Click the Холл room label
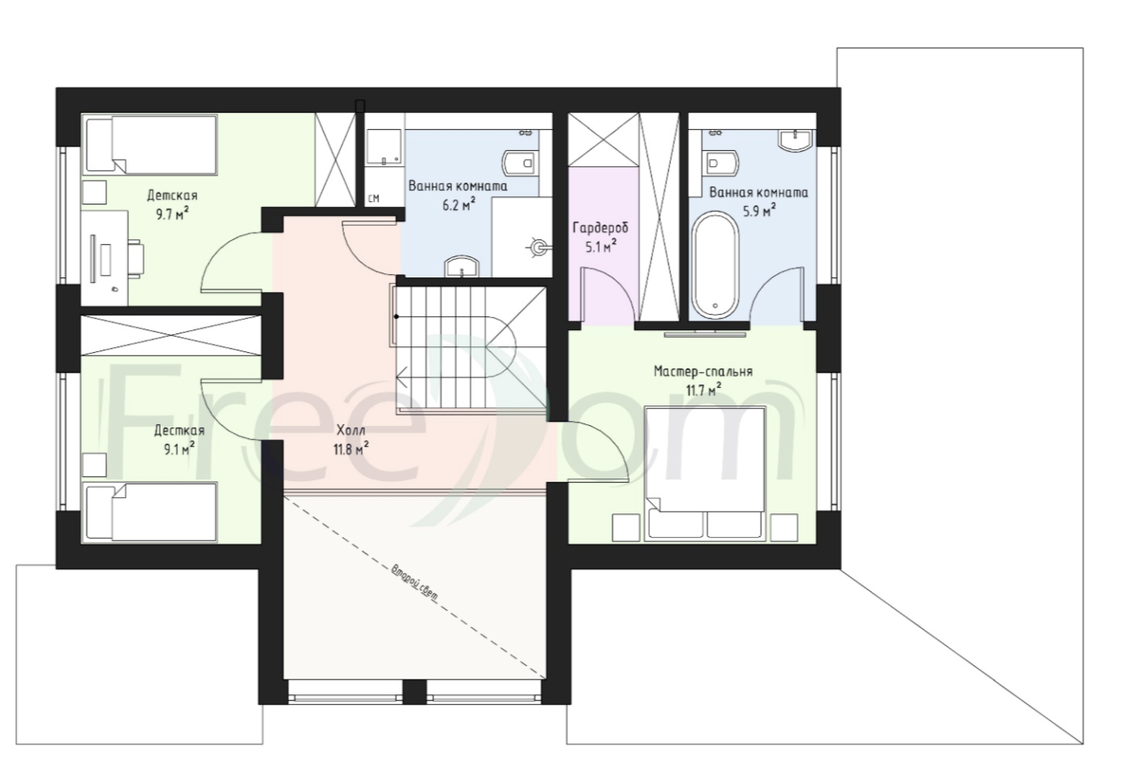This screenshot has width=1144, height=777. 351,431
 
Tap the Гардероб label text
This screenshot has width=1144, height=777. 600,228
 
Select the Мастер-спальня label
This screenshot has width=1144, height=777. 703,371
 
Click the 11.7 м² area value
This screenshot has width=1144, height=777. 703,391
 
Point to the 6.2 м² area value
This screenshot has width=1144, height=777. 458,205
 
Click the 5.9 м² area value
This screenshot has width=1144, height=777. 759,210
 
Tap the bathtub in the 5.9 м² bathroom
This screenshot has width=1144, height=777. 715,265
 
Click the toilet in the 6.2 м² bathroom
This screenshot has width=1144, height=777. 520,163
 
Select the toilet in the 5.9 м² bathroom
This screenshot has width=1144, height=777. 721,163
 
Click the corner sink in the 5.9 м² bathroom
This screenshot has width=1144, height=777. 796,139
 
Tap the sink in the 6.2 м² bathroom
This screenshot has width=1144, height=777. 462,267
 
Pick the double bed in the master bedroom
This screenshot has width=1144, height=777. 705,473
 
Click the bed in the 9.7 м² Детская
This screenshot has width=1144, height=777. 151,144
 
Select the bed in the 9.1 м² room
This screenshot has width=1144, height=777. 151,512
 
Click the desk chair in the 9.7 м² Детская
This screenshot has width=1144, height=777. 135,260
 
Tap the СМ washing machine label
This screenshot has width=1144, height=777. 373,198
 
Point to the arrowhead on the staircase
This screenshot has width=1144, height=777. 402,379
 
